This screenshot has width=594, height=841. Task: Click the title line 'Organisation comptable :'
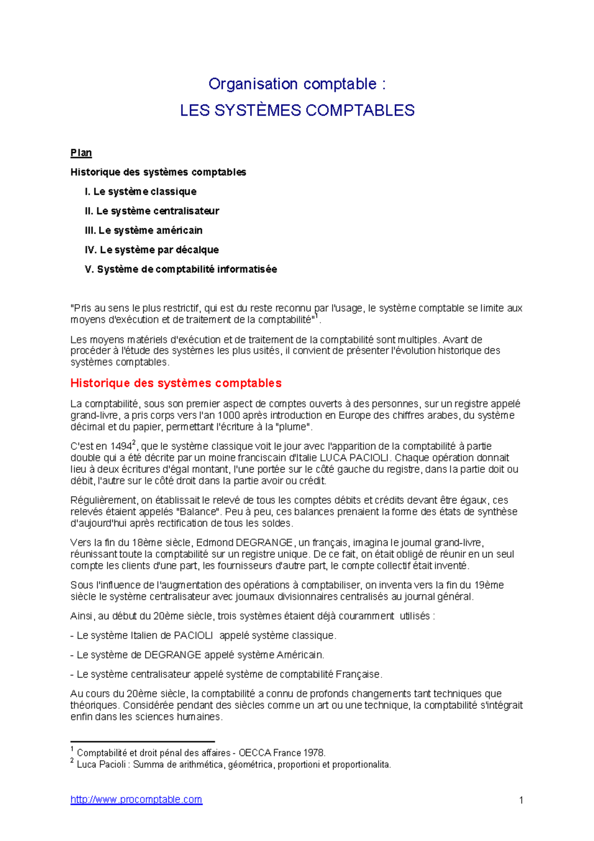click(x=297, y=84)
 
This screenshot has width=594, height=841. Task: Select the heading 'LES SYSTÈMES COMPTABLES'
click(x=297, y=110)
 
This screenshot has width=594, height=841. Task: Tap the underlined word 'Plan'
click(x=81, y=153)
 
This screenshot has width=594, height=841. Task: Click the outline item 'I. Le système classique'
click(x=141, y=192)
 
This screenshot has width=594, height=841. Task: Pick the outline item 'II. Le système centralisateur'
click(x=152, y=211)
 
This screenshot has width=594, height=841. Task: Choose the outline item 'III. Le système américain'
click(x=144, y=230)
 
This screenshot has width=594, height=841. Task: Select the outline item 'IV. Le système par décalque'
click(x=151, y=250)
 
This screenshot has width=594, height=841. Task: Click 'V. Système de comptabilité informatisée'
click(x=181, y=269)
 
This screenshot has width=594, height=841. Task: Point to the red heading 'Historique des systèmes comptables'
click(x=176, y=383)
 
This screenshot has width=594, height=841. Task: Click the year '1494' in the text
click(x=121, y=446)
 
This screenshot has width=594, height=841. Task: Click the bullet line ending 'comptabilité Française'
click(x=226, y=674)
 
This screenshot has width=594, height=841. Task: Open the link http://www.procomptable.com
click(x=136, y=799)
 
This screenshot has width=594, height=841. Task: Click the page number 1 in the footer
click(x=521, y=800)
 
